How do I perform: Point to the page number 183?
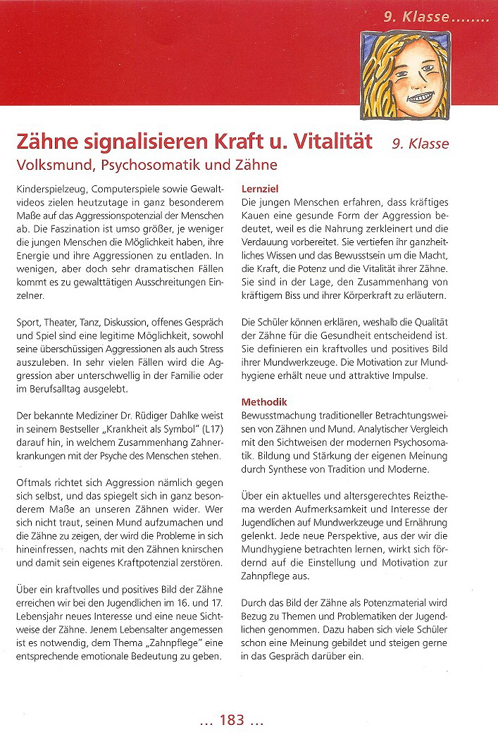[x=231, y=719]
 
